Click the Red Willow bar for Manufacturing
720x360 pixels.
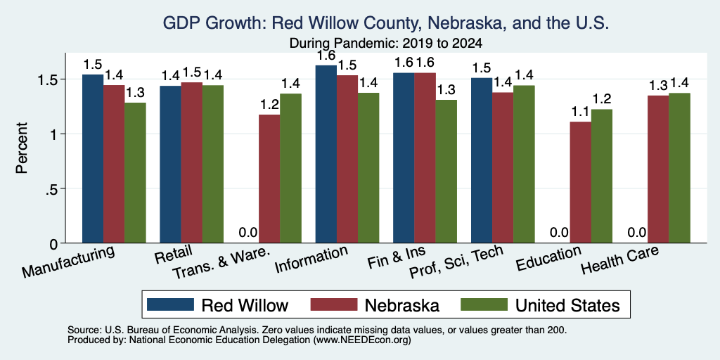[93, 158]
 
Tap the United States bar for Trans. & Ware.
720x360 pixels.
[290, 168]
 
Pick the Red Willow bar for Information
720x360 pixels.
[326, 154]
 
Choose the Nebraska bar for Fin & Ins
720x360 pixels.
[425, 157]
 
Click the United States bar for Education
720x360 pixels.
[602, 176]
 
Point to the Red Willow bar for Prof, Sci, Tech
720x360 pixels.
[482, 160]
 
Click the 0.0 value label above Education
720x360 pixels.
[559, 232]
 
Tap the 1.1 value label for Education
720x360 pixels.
[580, 112]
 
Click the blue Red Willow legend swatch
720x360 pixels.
[170, 304]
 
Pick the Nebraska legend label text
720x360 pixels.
[402, 305]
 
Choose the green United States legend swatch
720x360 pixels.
[484, 304]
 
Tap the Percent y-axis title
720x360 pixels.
[22, 148]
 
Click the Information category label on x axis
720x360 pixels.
[311, 259]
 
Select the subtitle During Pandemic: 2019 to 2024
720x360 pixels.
[386, 44]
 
